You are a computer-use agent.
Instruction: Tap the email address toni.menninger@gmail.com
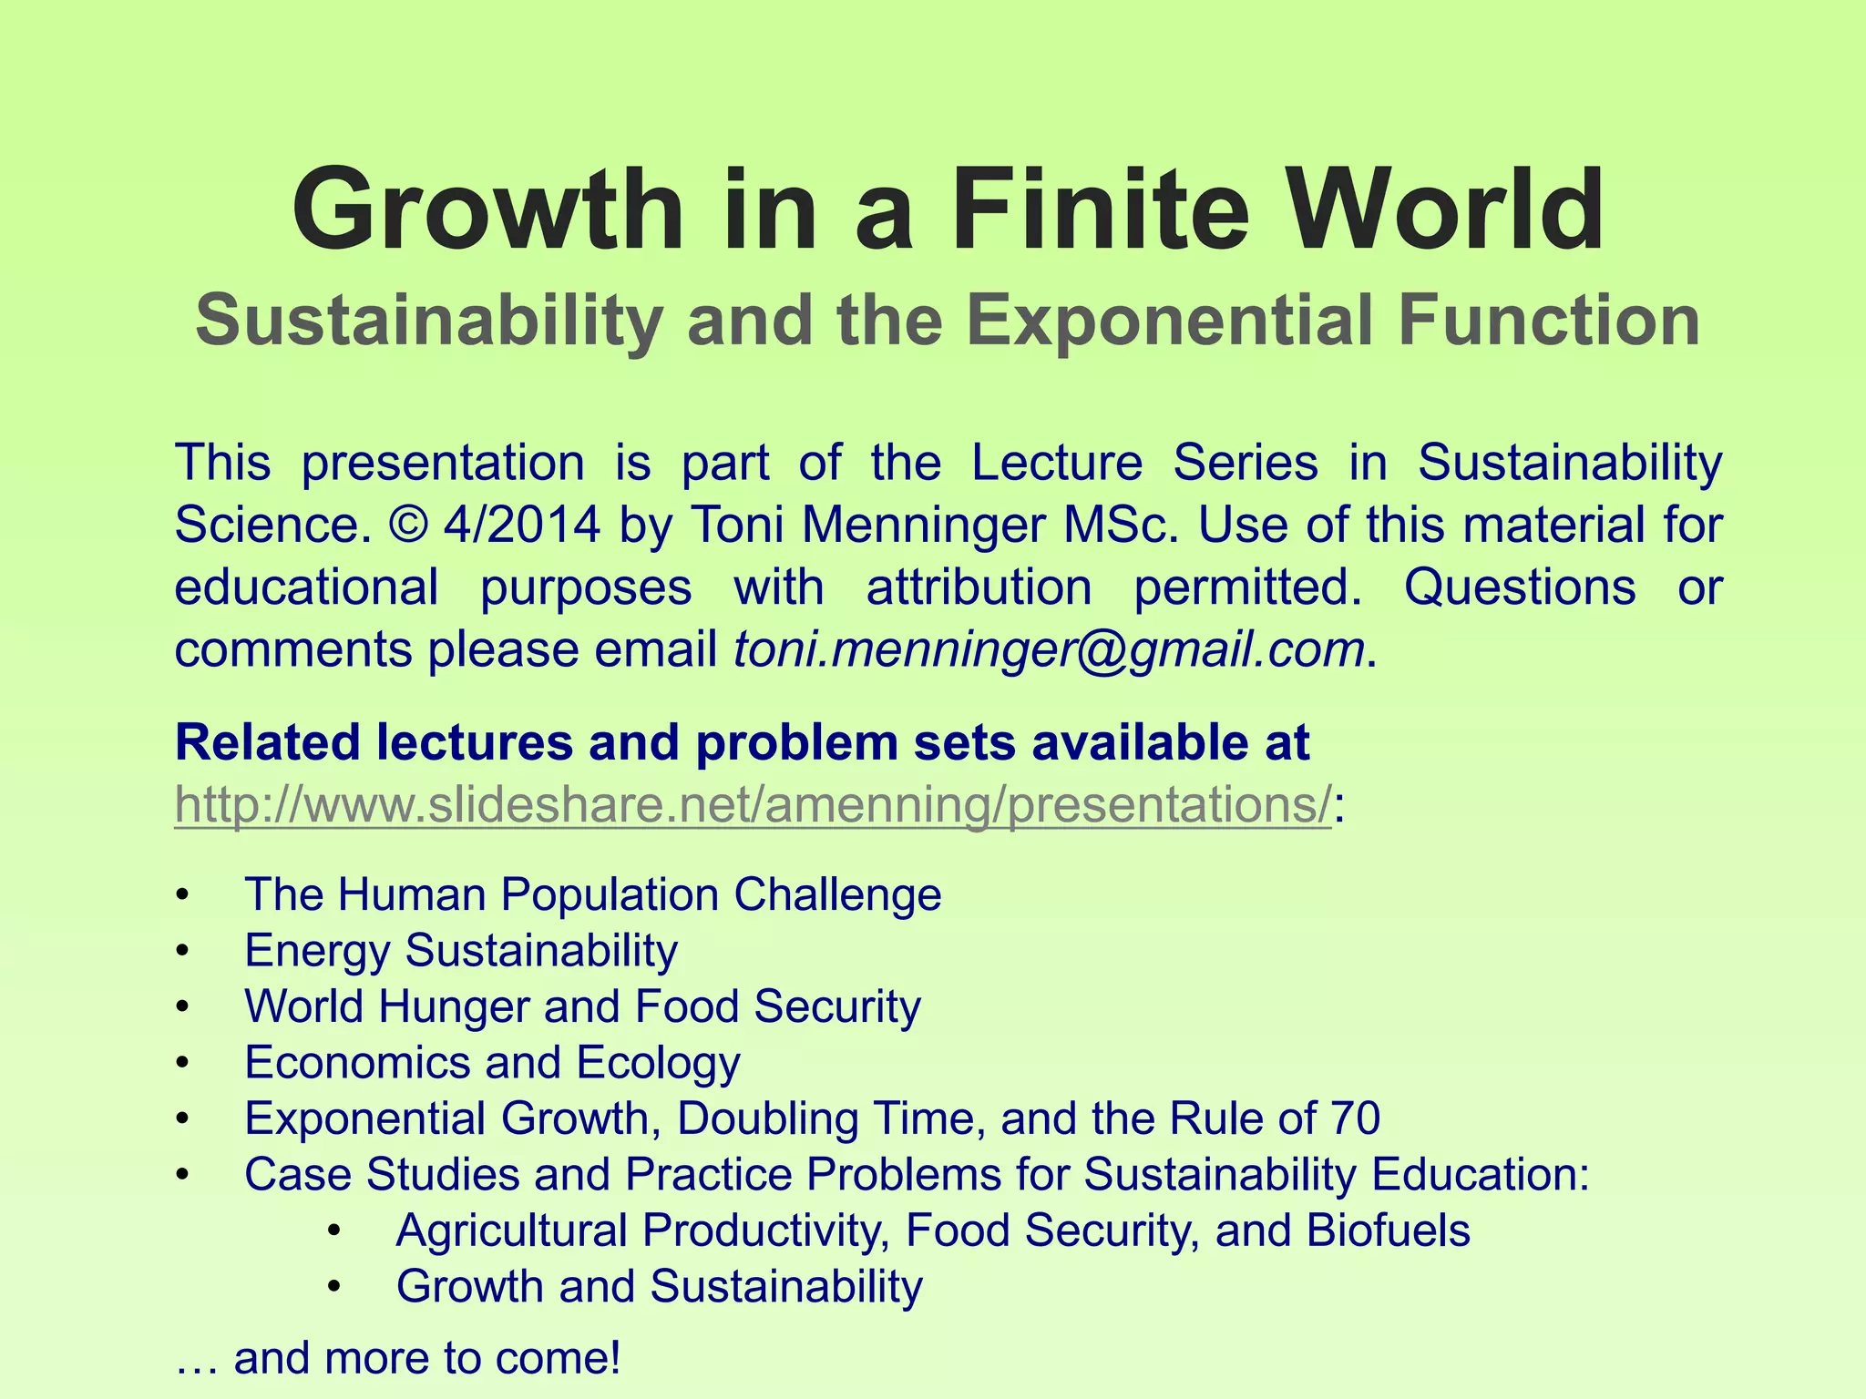[1049, 650]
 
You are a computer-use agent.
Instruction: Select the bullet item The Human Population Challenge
[592, 894]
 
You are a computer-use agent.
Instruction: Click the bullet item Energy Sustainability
[461, 951]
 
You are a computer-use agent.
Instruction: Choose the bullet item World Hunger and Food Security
[582, 1006]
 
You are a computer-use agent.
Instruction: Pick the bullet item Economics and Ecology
[492, 1063]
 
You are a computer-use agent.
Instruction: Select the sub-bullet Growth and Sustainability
[659, 1287]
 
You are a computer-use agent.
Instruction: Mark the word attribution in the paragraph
[979, 587]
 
